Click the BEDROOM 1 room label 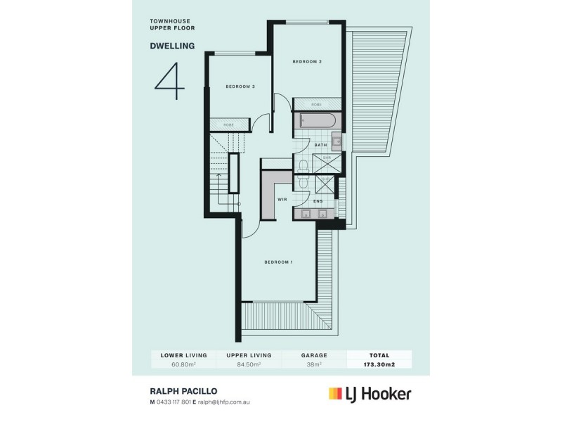(x=278, y=262)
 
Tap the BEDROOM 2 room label (x=307, y=62)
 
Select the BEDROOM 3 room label (x=240, y=87)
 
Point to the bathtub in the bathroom (x=315, y=121)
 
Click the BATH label (x=320, y=146)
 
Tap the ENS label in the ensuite (x=318, y=201)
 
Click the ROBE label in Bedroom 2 (x=316, y=104)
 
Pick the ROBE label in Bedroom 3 (x=228, y=124)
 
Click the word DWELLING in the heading (x=172, y=49)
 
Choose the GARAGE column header (x=313, y=356)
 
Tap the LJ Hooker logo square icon (x=335, y=394)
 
